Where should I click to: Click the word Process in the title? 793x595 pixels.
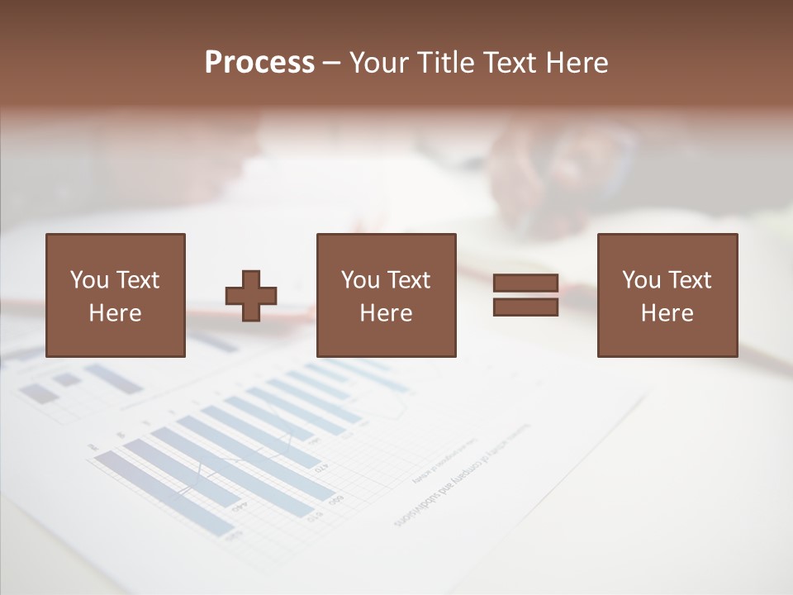(x=259, y=63)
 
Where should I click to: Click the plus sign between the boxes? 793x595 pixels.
(x=251, y=295)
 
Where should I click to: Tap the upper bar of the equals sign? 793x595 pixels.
(x=525, y=283)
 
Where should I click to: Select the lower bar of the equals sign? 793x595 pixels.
(x=525, y=307)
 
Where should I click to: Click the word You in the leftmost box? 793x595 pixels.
(x=89, y=280)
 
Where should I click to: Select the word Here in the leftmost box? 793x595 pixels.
(x=115, y=313)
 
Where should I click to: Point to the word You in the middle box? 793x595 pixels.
(x=360, y=280)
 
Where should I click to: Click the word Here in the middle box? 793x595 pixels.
(x=386, y=313)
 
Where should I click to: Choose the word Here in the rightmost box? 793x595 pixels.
(x=667, y=313)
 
